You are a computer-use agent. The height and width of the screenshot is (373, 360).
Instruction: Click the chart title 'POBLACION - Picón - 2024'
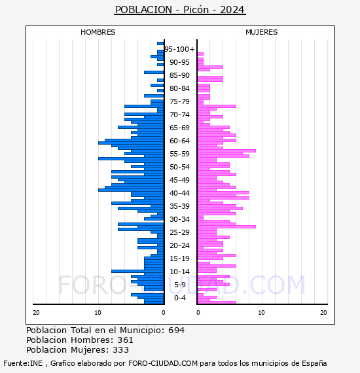pos(180,10)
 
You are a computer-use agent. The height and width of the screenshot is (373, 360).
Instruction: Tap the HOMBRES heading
pos(98,32)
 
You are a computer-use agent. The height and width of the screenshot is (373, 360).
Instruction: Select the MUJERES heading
pos(262,32)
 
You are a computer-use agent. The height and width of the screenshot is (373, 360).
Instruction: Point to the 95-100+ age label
pos(179,49)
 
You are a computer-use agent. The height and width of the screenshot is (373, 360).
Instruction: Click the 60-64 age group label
pos(179,141)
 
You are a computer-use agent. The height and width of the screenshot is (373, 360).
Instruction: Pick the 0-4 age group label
pos(179,298)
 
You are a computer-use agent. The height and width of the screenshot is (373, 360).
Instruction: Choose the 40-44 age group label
pos(179,193)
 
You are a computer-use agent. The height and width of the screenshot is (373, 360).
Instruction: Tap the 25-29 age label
pos(179,232)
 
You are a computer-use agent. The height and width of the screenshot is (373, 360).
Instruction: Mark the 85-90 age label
pos(179,75)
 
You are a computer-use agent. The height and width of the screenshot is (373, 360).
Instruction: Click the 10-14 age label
pos(179,272)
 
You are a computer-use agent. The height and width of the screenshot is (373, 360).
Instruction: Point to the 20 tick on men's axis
pos(36,313)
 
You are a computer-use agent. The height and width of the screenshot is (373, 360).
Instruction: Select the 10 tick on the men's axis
pos(98,313)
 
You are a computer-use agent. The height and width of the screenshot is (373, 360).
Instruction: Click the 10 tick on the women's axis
pos(261,313)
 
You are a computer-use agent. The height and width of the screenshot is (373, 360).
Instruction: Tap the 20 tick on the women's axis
pos(323,313)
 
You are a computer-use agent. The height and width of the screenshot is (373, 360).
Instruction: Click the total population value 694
pos(176,330)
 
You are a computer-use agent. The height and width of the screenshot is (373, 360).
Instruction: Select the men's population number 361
pos(125,340)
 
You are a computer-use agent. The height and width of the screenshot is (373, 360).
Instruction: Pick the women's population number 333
pos(121,349)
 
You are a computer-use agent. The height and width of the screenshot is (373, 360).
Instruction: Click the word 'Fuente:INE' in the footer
pos(23,363)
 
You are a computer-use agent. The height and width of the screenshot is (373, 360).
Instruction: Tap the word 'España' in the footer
pos(314,363)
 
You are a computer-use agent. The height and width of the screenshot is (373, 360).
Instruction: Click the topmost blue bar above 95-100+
pos(160,44)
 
